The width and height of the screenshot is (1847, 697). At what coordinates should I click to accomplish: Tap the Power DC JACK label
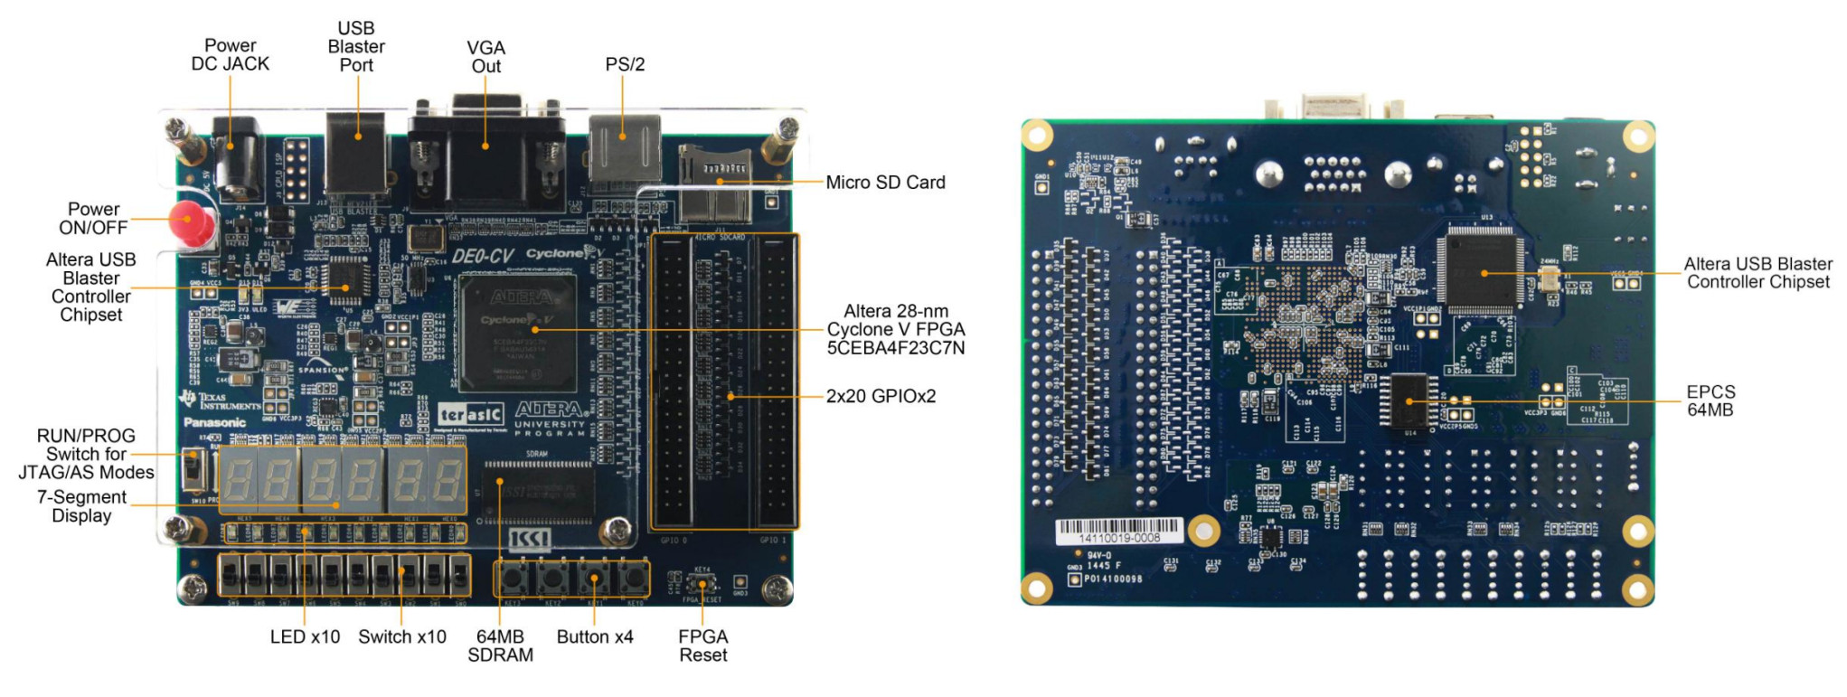(x=230, y=54)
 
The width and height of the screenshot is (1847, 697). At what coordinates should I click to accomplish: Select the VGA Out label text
(x=485, y=56)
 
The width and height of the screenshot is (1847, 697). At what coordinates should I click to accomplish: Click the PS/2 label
(x=625, y=64)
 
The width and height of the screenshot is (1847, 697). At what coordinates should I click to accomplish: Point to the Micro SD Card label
(x=885, y=183)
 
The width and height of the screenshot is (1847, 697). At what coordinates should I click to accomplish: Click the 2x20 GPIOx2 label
(x=881, y=396)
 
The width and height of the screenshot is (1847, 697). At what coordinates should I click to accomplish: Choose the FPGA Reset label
(x=702, y=645)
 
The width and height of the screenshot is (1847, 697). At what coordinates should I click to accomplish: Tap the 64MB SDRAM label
(x=500, y=645)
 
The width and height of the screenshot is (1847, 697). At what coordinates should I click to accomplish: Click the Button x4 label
(x=595, y=636)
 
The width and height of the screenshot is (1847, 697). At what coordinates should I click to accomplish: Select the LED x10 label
(x=305, y=636)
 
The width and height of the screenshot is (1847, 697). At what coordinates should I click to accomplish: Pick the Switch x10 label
(x=402, y=636)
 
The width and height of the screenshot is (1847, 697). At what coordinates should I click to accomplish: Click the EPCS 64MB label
(x=1710, y=400)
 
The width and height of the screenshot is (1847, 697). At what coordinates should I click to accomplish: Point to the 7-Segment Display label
(x=81, y=506)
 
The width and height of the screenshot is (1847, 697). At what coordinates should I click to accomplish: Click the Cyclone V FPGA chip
(x=517, y=333)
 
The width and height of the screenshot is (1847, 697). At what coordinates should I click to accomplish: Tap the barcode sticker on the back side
(x=1119, y=531)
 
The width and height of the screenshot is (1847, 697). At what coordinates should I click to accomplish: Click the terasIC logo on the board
(x=470, y=414)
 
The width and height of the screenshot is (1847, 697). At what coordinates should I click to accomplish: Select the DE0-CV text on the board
(x=483, y=256)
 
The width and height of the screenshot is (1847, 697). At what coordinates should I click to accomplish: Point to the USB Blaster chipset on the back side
(x=1482, y=268)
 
